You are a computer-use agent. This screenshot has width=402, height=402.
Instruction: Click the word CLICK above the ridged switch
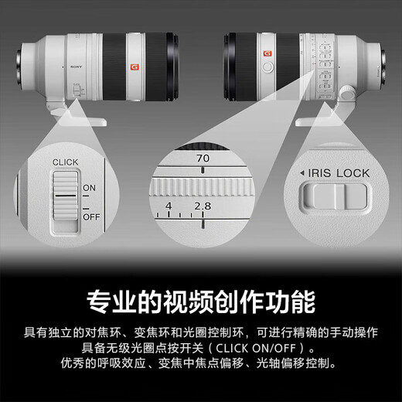point(66,162)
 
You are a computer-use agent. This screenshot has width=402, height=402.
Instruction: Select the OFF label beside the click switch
point(90,219)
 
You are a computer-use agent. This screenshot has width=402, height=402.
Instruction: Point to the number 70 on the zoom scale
point(203,158)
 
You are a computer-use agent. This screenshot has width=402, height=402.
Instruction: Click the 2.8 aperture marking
point(203,206)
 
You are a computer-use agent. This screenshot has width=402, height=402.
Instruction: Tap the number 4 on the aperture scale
point(169,207)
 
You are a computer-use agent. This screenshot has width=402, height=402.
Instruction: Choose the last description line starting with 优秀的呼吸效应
point(201,362)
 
